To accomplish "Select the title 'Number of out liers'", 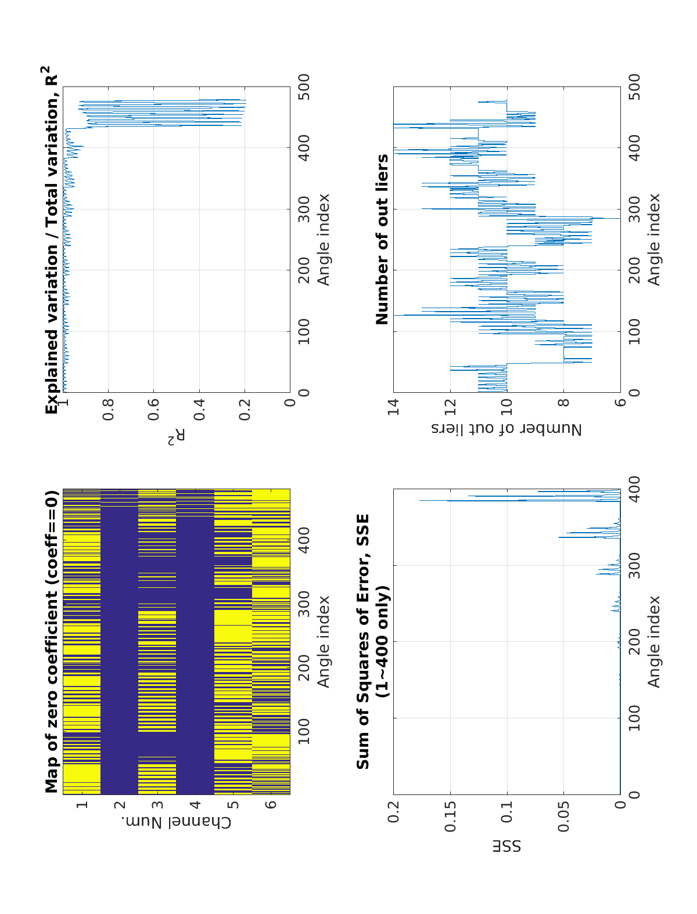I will click(x=382, y=239).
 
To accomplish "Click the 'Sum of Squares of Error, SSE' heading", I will click(x=363, y=641).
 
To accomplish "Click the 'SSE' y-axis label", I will click(x=507, y=847).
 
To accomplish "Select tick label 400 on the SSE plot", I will click(x=634, y=489).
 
